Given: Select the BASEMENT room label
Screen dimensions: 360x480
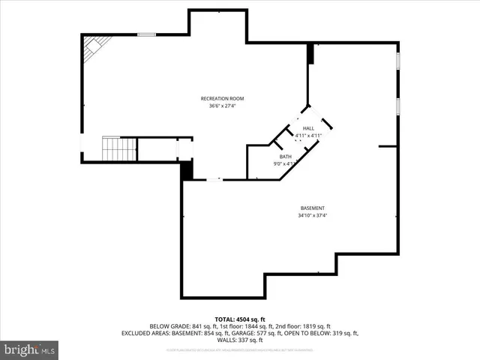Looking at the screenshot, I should tap(313, 208).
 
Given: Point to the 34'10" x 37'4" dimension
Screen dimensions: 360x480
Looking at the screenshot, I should tap(313, 215).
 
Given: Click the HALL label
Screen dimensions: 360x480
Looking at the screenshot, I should tap(308, 129).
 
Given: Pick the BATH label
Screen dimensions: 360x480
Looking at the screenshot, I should tap(285, 156).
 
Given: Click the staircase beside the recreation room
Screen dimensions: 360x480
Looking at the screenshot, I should tap(118, 149).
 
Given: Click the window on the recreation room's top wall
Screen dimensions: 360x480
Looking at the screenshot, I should tap(147, 34).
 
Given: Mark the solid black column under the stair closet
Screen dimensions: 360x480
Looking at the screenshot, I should tap(187, 169).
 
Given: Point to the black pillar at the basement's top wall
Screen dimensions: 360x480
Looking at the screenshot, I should tap(310, 53).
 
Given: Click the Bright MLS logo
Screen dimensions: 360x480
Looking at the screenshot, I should tap(30, 349).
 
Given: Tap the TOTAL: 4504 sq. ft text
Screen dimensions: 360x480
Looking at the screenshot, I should tap(240, 319).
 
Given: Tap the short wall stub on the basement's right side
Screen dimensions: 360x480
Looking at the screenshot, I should tap(387, 146).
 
